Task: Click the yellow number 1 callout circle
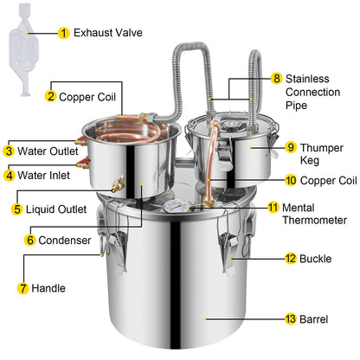(63, 33)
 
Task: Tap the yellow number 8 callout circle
(276, 78)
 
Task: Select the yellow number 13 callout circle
(291, 319)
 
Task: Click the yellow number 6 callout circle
(30, 240)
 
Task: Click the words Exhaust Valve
(108, 33)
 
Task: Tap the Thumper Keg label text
(322, 154)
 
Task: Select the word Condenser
(65, 240)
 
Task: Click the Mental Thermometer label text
(314, 214)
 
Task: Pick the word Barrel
(314, 319)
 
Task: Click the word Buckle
(316, 259)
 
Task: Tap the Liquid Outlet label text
(56, 209)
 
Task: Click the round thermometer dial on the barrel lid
(175, 206)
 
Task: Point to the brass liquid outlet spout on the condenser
(118, 184)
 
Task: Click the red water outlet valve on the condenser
(81, 141)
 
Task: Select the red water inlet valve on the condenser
(83, 163)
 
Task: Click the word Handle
(48, 288)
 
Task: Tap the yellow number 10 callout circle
(291, 180)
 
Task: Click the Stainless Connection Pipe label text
(312, 92)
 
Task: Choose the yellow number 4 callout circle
(10, 175)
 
